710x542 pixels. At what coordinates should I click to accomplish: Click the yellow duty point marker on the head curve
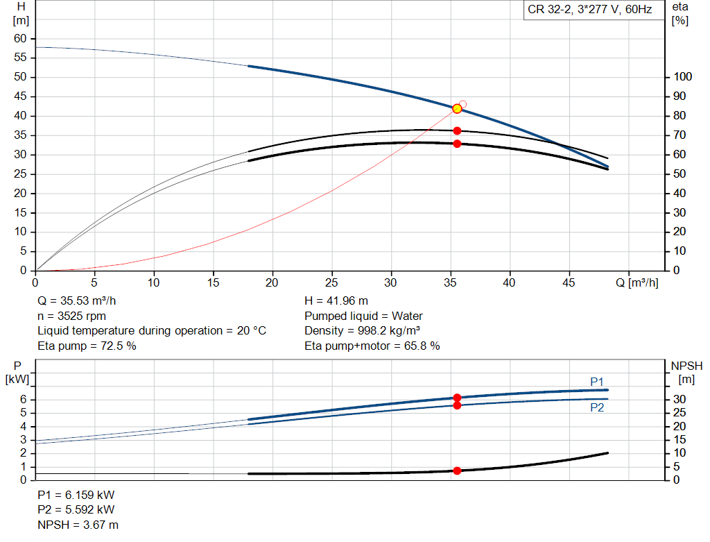point(457,108)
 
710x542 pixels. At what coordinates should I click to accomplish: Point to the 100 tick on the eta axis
point(682,77)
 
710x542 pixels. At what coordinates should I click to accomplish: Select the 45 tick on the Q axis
point(570,282)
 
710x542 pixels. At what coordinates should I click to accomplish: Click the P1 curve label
point(597,382)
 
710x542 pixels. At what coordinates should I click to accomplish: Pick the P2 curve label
point(597,408)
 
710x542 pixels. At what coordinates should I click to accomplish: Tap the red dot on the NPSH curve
point(457,471)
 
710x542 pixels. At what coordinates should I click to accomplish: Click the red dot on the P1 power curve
point(457,398)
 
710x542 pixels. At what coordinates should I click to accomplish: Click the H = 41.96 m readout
point(336,301)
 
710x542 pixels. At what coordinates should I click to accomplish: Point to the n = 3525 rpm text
point(71,316)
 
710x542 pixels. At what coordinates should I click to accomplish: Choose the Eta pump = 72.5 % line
point(87,345)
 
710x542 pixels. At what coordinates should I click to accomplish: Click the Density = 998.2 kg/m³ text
point(363,330)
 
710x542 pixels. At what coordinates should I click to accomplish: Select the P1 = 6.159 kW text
point(76,496)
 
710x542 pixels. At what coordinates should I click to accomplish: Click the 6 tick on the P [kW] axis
point(23,399)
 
